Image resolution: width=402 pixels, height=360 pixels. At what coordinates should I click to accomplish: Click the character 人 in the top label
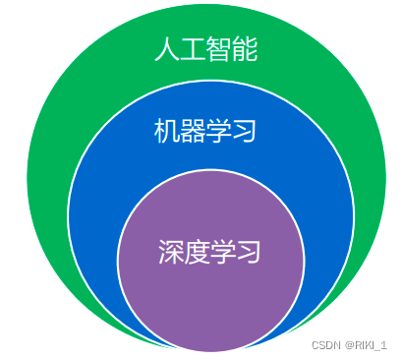(166, 50)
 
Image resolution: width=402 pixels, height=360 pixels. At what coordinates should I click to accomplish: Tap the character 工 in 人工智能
(193, 50)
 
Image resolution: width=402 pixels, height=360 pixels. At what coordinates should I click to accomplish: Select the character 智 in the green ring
(219, 50)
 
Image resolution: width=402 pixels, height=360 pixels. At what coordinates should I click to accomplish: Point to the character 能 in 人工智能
(246, 50)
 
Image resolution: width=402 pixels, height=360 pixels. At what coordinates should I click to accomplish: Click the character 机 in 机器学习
(166, 131)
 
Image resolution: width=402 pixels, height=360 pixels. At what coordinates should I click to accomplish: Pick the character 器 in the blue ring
(193, 131)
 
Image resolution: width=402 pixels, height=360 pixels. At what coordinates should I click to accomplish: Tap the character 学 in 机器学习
(219, 131)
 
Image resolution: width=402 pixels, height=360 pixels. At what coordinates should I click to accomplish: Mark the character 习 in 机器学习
(245, 131)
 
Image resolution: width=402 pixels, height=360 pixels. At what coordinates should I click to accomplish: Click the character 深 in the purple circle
(170, 252)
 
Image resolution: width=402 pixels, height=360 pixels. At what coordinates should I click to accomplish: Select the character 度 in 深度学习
(197, 252)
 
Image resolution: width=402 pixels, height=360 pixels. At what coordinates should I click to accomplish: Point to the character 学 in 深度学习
(223, 252)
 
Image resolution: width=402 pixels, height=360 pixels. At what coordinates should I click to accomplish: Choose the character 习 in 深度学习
(250, 252)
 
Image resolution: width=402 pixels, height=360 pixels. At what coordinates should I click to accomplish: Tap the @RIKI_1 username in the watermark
(367, 345)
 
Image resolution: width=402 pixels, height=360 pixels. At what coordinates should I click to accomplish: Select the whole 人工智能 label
(205, 50)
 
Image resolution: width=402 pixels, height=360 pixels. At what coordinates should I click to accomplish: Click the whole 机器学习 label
(205, 131)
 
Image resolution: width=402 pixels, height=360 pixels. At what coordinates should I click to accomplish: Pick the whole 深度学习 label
(209, 252)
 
